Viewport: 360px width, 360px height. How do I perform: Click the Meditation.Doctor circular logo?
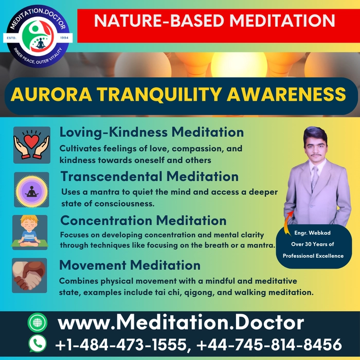(x=38, y=36)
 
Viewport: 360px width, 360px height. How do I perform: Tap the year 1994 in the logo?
(x=64, y=38)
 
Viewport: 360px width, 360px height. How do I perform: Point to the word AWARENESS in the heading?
(x=286, y=94)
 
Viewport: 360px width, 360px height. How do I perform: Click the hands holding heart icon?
(x=32, y=145)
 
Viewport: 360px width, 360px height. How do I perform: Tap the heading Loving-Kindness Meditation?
(x=152, y=133)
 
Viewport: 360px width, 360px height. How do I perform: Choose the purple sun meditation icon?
(x=31, y=190)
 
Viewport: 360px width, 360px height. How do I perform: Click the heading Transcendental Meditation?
(x=150, y=176)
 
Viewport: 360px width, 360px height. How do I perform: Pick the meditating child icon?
(x=30, y=232)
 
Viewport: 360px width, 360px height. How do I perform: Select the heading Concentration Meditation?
(x=143, y=221)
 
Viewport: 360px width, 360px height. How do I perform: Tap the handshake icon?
(x=29, y=275)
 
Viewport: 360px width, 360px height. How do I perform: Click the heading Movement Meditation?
(x=130, y=265)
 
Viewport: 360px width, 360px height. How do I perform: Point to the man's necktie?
(x=315, y=178)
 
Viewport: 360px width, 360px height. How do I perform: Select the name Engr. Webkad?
(x=313, y=233)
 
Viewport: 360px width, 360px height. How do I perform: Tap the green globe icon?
(x=38, y=322)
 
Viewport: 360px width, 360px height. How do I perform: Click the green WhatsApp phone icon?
(x=38, y=344)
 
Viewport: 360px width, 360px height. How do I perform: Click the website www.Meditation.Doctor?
(x=181, y=323)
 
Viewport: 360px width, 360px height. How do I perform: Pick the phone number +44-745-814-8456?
(x=269, y=345)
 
